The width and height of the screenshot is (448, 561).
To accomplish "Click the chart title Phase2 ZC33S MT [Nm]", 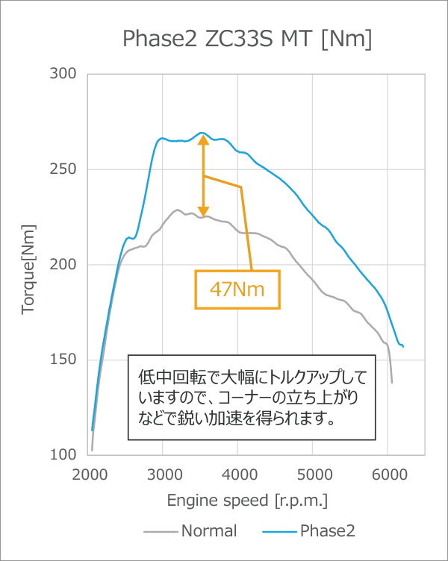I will [x=246, y=39].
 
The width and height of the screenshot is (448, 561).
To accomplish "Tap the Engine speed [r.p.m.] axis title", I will [x=246, y=499].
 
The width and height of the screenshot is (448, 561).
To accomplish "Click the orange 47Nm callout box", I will [x=237, y=289].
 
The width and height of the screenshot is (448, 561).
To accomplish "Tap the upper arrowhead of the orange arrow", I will [x=202, y=140].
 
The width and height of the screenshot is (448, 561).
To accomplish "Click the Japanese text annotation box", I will [x=250, y=396].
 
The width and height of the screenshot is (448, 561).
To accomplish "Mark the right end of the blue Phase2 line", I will [x=403, y=346].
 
